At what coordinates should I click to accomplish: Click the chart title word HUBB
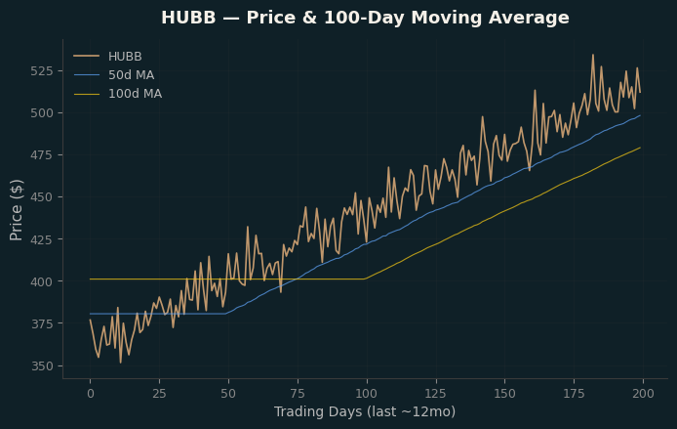click(188, 18)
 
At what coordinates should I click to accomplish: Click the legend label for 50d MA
click(132, 75)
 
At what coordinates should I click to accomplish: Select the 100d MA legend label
click(136, 94)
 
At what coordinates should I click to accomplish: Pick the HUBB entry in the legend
click(125, 57)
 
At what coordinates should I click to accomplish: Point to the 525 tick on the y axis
click(42, 71)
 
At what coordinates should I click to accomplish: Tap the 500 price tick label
click(42, 113)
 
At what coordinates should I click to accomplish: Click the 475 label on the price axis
click(42, 154)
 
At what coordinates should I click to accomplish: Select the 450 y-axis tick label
click(42, 196)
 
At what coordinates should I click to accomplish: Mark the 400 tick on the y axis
click(42, 281)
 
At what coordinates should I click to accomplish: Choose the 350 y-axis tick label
click(42, 366)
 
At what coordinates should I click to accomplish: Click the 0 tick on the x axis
click(91, 394)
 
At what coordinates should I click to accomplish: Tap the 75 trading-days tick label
click(298, 394)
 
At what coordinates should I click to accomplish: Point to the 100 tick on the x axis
click(367, 394)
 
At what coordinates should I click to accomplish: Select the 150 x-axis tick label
click(504, 394)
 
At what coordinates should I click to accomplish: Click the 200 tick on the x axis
click(643, 394)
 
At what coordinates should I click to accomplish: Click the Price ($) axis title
click(17, 210)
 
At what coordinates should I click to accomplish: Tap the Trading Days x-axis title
click(365, 411)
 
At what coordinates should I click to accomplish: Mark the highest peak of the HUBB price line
click(593, 55)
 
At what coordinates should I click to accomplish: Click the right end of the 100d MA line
click(640, 148)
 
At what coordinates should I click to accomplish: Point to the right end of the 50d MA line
click(640, 116)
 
